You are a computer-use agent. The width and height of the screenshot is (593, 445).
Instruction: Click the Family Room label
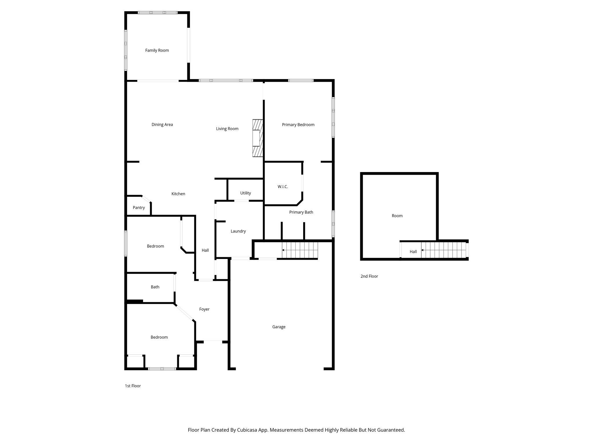click(157, 50)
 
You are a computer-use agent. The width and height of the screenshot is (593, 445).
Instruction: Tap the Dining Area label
click(162, 125)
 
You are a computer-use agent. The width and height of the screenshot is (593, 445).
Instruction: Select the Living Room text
click(227, 129)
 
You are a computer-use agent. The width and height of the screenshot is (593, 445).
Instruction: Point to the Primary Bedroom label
click(298, 125)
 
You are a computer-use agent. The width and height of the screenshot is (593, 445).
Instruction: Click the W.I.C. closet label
click(283, 187)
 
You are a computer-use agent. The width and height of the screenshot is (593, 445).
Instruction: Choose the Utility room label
click(245, 193)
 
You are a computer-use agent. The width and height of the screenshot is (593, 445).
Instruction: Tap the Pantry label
click(139, 207)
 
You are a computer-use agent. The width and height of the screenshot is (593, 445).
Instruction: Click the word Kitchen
click(178, 194)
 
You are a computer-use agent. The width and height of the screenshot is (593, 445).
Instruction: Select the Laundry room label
click(238, 231)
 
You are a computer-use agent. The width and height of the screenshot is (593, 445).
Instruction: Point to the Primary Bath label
click(301, 212)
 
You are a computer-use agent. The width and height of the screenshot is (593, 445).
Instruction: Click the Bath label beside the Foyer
click(155, 287)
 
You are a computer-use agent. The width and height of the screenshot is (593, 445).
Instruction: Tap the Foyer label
click(204, 309)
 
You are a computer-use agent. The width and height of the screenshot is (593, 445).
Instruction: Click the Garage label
click(279, 327)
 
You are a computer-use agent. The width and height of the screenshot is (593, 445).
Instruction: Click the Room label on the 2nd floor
click(397, 216)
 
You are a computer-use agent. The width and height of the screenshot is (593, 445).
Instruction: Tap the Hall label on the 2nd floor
click(413, 251)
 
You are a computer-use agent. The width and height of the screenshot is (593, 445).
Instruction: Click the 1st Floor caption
click(133, 386)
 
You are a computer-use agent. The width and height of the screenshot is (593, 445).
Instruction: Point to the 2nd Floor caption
click(369, 276)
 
